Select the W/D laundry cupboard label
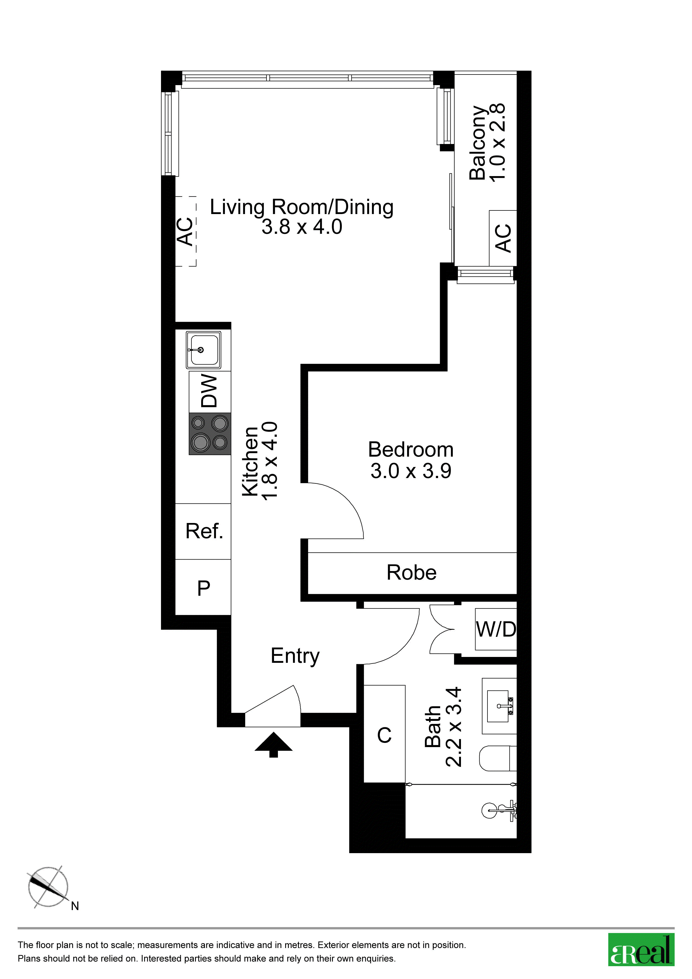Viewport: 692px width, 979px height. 496,629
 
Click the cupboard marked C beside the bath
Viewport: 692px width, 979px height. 384,734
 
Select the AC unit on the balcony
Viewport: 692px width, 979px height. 503,238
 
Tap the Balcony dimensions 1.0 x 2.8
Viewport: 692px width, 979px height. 497,142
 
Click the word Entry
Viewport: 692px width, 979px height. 295,656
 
